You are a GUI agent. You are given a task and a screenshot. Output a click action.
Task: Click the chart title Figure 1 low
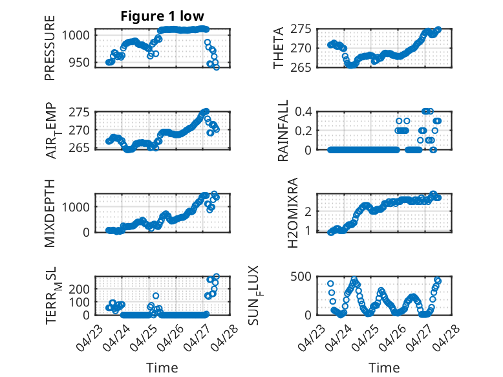point(162,16)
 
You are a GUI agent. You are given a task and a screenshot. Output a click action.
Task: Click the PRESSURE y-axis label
point(50,48)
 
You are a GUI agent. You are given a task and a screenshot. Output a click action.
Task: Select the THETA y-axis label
point(279,48)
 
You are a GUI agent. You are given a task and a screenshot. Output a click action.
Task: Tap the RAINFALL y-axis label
point(283,131)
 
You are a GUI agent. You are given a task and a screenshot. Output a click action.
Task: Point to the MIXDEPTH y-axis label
point(50,213)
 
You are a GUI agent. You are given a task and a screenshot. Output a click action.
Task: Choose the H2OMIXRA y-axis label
point(293,213)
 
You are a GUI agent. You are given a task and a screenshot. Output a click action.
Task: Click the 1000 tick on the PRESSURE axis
point(76,35)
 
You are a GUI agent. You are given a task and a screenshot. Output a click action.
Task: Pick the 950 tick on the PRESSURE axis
point(80,62)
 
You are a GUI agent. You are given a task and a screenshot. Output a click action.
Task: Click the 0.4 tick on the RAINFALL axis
point(303,112)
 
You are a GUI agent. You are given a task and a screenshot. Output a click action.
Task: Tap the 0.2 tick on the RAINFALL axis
point(303,131)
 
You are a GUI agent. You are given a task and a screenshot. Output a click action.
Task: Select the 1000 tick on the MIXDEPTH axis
point(76,207)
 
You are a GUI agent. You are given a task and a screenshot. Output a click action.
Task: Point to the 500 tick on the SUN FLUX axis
point(301,276)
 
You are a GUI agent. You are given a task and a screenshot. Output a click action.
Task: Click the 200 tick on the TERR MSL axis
point(80,289)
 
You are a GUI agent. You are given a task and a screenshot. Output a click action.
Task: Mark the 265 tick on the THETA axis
point(301,68)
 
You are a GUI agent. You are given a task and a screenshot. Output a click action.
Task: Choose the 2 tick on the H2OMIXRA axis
point(308,211)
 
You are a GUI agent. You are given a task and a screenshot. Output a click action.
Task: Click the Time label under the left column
point(162,367)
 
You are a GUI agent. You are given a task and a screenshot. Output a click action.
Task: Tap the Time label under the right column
point(384,367)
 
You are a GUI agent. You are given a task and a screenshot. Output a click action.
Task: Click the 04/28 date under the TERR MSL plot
point(226,337)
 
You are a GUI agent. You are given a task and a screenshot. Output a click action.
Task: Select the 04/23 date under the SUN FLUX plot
point(311,337)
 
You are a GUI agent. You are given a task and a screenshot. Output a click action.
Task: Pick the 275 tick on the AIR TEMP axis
point(80,113)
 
